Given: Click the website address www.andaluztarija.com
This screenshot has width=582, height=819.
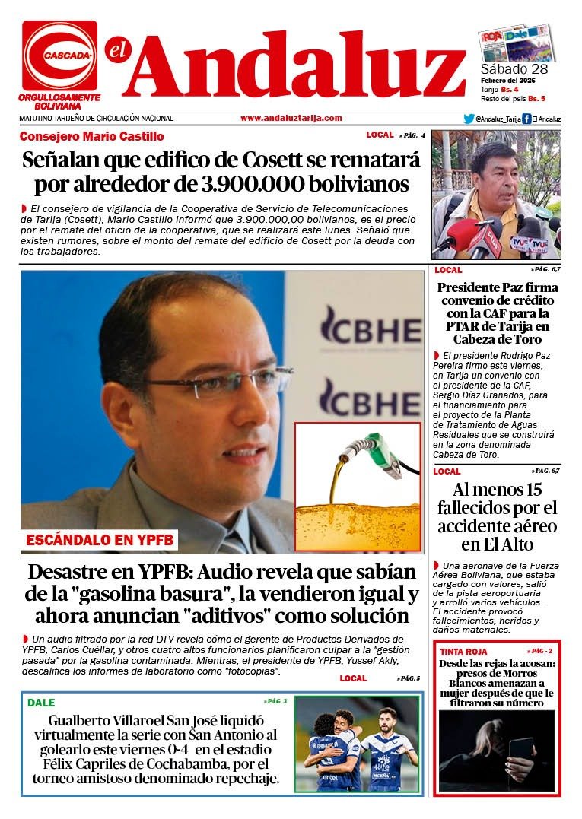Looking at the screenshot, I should (x=291, y=118).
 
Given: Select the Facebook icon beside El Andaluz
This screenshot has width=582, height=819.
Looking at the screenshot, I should (x=526, y=119).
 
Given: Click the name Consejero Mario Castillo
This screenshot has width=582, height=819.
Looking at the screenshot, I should (x=91, y=137).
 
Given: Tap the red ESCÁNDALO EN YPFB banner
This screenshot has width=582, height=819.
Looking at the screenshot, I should (x=100, y=541).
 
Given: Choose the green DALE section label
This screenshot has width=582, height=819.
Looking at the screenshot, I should (x=41, y=703).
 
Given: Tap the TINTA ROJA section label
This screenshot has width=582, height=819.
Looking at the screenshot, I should (x=463, y=652).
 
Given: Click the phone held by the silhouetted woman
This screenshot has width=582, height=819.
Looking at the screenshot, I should (x=520, y=753).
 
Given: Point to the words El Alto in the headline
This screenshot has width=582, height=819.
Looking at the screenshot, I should (x=508, y=544).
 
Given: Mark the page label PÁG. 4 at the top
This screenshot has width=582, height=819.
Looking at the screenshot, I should (x=412, y=135).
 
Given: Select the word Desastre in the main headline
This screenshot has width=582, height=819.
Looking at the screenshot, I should (x=77, y=573).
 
